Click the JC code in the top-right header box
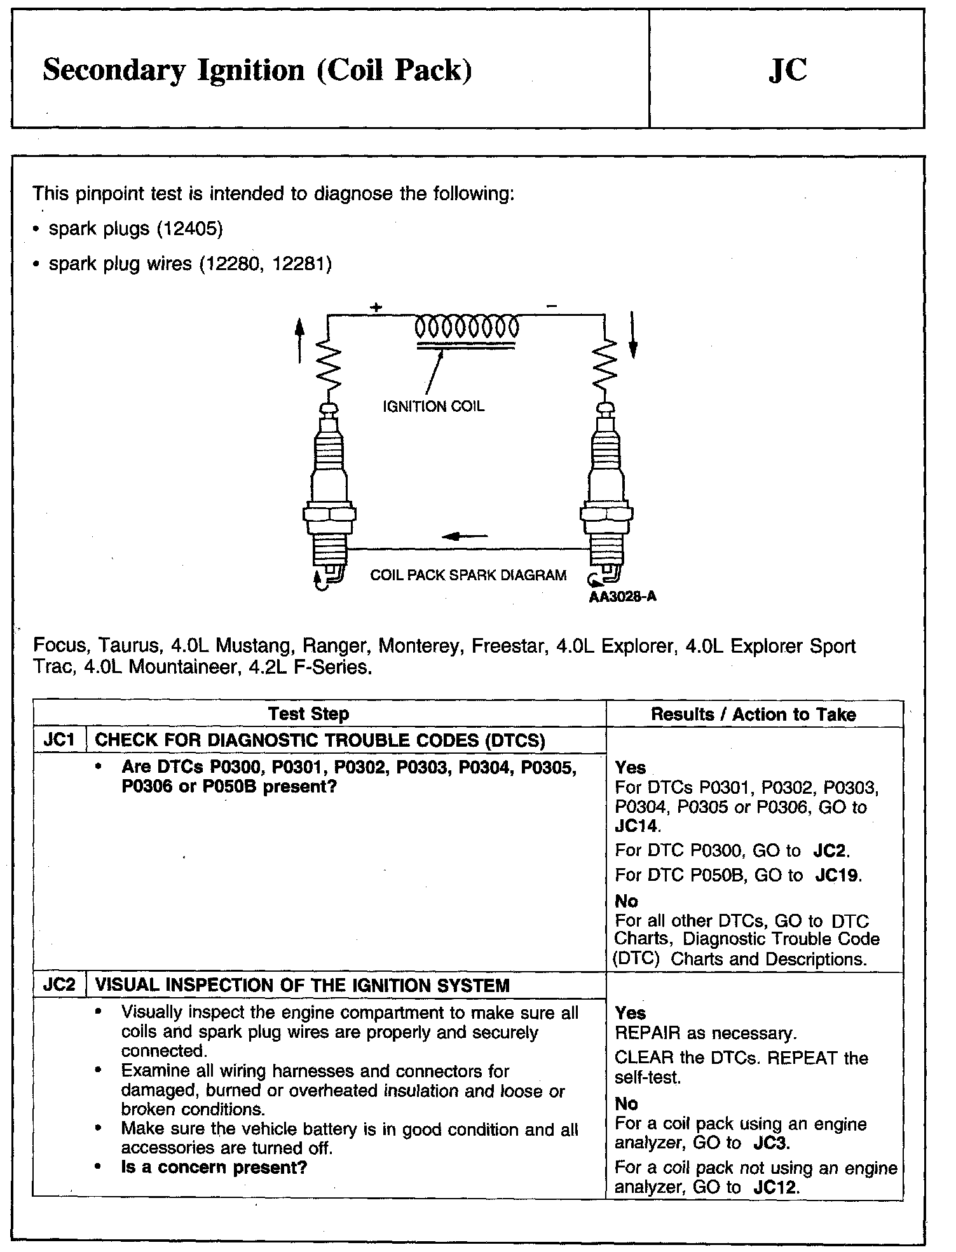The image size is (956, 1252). (x=787, y=71)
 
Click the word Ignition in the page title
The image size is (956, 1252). (x=251, y=71)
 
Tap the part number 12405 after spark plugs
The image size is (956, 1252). (x=190, y=229)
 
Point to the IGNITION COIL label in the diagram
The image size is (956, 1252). (x=433, y=407)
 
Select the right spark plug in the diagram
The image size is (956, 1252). (x=607, y=496)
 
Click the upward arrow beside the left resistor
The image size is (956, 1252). (x=300, y=340)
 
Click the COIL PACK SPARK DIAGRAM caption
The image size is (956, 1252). (x=468, y=576)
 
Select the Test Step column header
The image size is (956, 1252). (x=308, y=714)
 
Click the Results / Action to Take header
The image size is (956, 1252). (x=753, y=714)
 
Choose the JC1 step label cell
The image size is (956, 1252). (x=59, y=740)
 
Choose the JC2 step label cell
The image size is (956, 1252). (x=59, y=986)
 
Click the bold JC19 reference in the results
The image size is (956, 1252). (x=838, y=876)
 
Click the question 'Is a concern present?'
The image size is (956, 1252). (x=214, y=1167)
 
